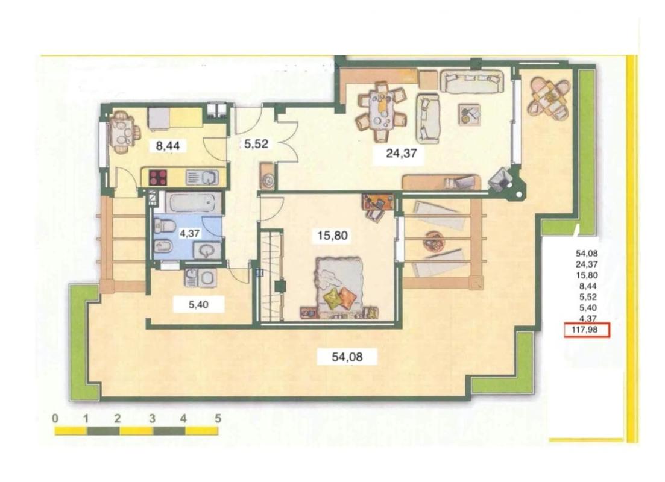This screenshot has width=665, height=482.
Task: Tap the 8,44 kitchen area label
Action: point(168,146)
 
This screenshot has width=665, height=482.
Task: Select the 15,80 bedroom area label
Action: point(333,235)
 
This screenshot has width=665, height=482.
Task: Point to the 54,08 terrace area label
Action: point(347,357)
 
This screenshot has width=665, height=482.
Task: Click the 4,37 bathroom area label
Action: point(189,233)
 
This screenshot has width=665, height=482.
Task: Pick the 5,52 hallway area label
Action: point(256,144)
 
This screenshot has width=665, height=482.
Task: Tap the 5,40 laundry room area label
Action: point(198,304)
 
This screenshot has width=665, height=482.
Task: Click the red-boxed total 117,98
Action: point(587,330)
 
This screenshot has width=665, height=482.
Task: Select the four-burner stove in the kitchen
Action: point(158,177)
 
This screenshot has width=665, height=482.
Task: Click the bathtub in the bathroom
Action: point(194,203)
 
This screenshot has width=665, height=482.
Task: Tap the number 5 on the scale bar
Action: point(218,419)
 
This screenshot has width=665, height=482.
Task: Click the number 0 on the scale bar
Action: point(55,419)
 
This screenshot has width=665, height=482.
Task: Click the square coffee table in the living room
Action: point(470,114)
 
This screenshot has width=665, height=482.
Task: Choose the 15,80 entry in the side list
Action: point(587,275)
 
